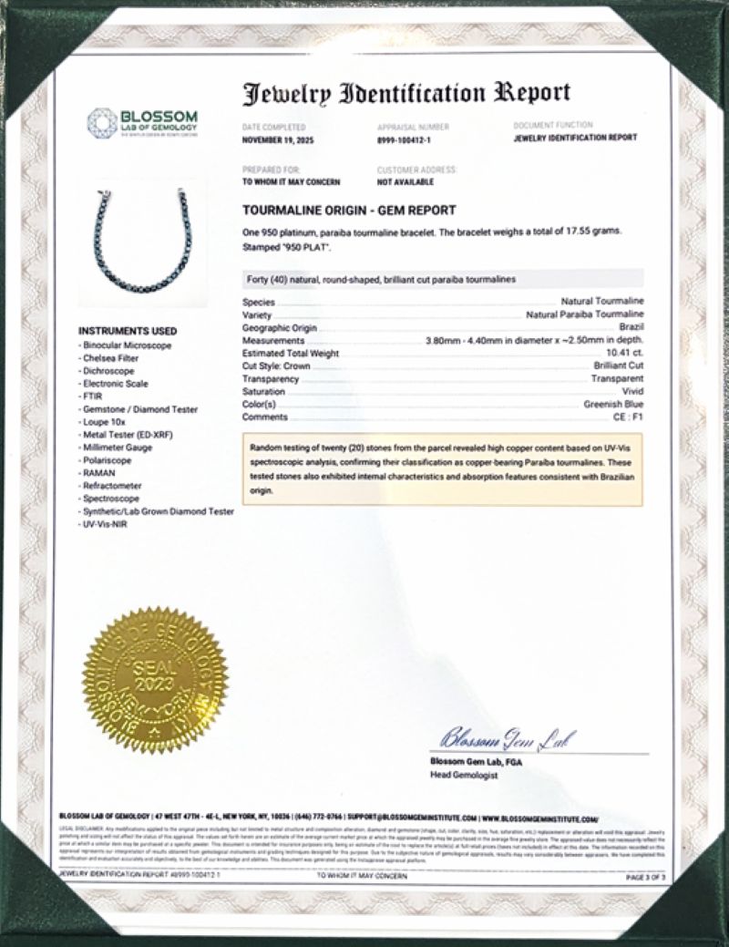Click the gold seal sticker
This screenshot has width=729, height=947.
click(x=154, y=678)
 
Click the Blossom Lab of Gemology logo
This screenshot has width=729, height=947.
click(x=142, y=122)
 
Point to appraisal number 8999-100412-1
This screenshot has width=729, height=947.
click(x=406, y=139)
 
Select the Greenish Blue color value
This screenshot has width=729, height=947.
click(x=613, y=404)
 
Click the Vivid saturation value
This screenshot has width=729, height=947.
click(x=633, y=391)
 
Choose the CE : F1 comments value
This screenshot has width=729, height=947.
click(x=628, y=417)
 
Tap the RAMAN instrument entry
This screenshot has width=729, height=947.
click(x=98, y=474)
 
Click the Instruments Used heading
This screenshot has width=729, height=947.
click(x=128, y=331)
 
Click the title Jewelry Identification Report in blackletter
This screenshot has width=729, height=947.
click(x=406, y=93)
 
